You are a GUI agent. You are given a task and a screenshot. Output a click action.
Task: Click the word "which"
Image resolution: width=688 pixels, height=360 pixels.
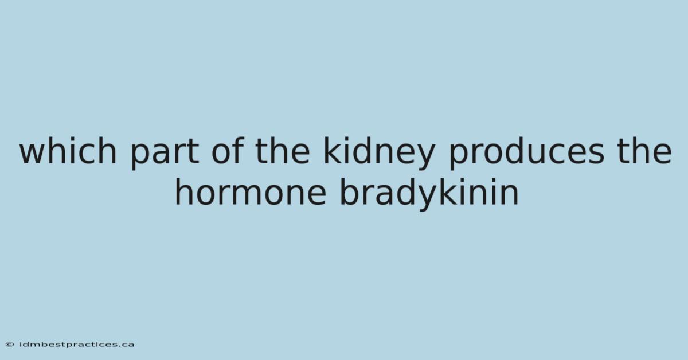pos(68,151)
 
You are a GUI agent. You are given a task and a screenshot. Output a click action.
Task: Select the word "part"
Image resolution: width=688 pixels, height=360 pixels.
pos(165,154)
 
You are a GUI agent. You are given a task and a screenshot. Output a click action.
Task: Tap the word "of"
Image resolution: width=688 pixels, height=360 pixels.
pos(228,151)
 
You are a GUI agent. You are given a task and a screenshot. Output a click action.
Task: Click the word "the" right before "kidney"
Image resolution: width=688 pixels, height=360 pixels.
pos(283,151)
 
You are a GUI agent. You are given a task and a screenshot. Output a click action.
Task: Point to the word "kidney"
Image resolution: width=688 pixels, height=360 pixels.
pos(379,154)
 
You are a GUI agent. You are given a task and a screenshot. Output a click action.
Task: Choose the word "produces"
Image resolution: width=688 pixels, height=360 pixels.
pos(527,154)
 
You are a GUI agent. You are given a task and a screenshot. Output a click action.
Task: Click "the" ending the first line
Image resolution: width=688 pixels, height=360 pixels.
pos(644,151)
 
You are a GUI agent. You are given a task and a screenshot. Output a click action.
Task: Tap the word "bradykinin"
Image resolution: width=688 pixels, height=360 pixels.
pos(429,194)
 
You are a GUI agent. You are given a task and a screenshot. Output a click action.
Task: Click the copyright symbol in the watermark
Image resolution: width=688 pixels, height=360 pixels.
pos(10,345)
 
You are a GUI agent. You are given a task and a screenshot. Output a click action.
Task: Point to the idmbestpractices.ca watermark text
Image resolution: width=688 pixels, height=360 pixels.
pos(76,345)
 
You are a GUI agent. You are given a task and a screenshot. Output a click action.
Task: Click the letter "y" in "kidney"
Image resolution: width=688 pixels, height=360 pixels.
pos(424,156)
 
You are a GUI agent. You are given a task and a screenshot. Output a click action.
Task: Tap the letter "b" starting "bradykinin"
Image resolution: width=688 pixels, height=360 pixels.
pos(350,191)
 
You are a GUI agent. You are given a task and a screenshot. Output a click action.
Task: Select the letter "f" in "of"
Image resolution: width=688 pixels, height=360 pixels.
pos(239,151)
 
